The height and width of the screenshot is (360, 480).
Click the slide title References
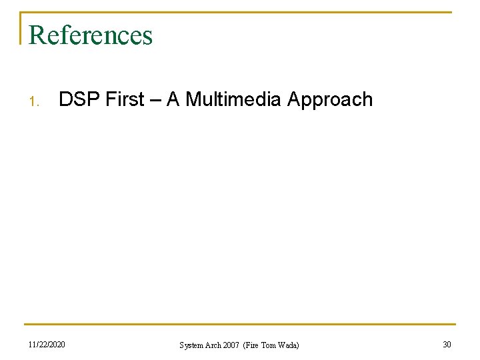[x=91, y=35]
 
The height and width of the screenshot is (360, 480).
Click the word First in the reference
[x=125, y=100]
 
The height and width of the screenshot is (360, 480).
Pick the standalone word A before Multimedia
[x=173, y=100]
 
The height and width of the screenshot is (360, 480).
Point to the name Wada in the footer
[x=289, y=345]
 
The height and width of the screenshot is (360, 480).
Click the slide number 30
[x=446, y=344]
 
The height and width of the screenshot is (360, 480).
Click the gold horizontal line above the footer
[x=240, y=325]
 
